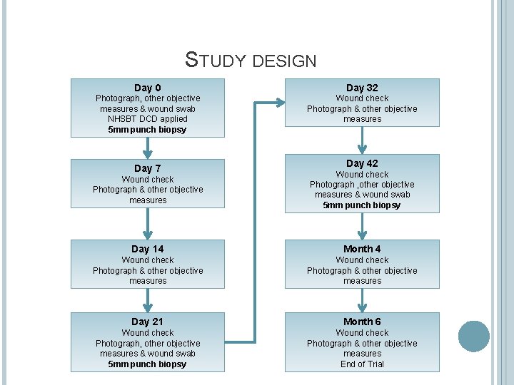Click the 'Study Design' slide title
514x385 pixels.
[x=251, y=59]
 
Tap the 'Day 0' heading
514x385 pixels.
[x=148, y=88]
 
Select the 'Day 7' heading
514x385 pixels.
[x=148, y=168]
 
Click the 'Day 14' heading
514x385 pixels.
[x=148, y=249]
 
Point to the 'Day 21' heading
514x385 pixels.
[x=148, y=322]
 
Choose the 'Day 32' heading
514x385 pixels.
[x=362, y=88]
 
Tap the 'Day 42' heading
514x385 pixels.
[x=362, y=163]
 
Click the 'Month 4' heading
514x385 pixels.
[x=362, y=249]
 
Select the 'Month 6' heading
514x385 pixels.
[x=362, y=322]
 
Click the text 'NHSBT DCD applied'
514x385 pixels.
[x=148, y=119]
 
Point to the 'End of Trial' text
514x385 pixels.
[x=362, y=364]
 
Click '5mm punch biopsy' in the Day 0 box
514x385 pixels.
[x=148, y=130]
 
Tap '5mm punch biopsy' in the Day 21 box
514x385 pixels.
[x=148, y=364]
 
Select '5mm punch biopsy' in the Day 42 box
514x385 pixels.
[x=362, y=205]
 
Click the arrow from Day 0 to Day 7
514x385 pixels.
[x=148, y=148]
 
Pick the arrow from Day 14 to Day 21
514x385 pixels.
[x=148, y=301]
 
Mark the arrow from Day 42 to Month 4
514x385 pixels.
[x=362, y=226]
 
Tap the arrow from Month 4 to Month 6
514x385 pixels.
[x=362, y=301]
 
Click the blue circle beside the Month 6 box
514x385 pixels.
[x=473, y=337]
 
